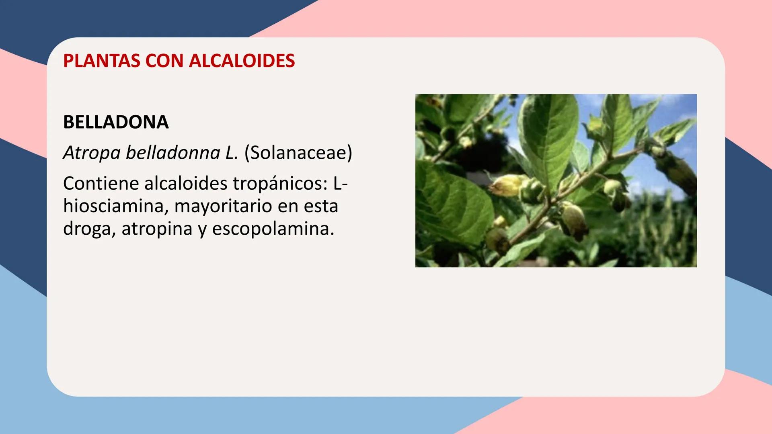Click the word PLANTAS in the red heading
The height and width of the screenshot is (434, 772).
(102, 61)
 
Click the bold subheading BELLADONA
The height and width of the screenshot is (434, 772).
(116, 122)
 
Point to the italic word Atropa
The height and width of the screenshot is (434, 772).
(92, 153)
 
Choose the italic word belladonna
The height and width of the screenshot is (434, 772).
(173, 153)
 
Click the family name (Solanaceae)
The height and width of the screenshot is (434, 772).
(298, 153)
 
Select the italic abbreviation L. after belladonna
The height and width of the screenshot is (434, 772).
(232, 153)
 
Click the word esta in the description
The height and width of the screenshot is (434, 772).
(321, 207)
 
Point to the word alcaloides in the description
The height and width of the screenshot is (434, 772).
(186, 184)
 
